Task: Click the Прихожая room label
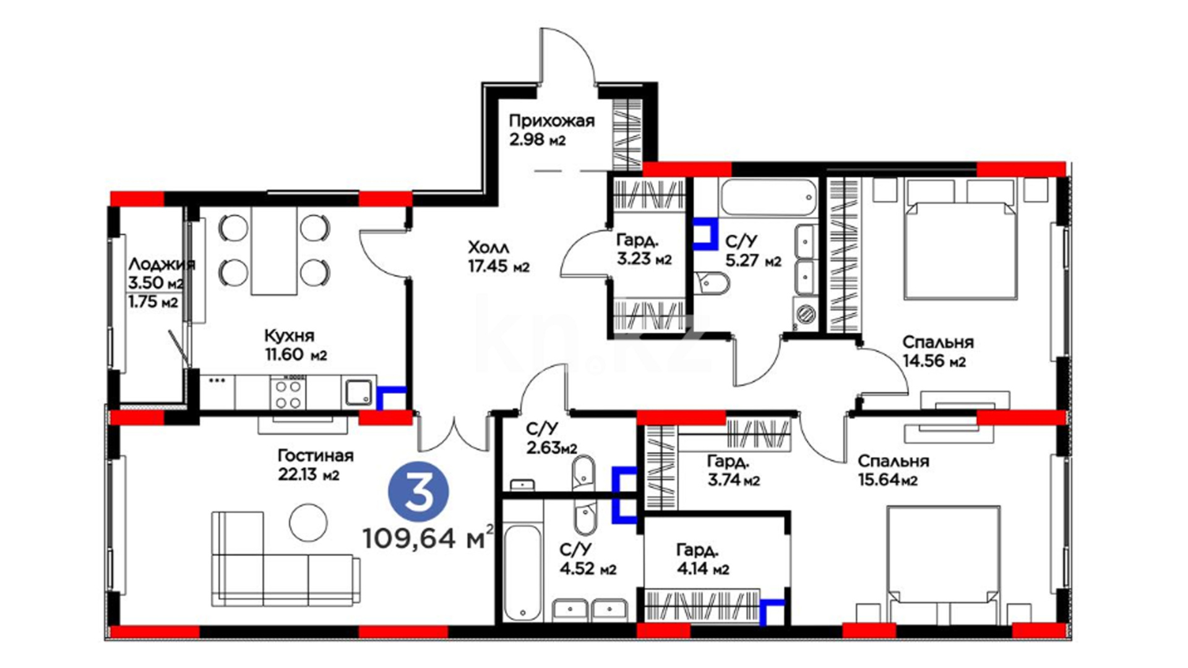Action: click(551, 121)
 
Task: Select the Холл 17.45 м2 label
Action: click(499, 257)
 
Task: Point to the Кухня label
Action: click(289, 336)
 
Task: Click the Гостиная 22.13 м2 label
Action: click(315, 465)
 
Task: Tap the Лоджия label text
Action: click(161, 265)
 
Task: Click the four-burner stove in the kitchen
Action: click(288, 393)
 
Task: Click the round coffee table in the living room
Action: click(308, 522)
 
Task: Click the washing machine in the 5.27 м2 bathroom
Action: click(806, 314)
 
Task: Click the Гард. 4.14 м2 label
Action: click(702, 559)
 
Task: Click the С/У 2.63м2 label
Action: click(551, 438)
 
